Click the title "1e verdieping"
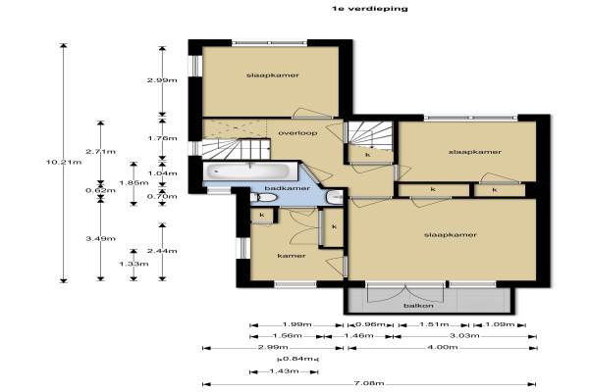click(x=370, y=9)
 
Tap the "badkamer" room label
click(x=288, y=188)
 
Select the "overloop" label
click(x=297, y=133)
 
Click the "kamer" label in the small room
click(x=292, y=256)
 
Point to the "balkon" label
click(x=418, y=306)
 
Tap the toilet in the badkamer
click(x=264, y=197)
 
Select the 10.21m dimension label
click(x=64, y=163)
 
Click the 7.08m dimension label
click(x=369, y=383)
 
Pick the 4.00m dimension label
click(x=443, y=347)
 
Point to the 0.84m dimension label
click(x=297, y=359)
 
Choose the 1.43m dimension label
click(x=285, y=371)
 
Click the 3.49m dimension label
click(x=101, y=238)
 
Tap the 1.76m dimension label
click(x=162, y=138)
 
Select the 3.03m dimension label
click(x=464, y=335)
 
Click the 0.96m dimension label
click(x=370, y=324)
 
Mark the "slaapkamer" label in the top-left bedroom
click(x=273, y=75)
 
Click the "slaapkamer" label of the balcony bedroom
click(x=451, y=235)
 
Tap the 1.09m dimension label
click(x=500, y=324)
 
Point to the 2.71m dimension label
click(x=101, y=152)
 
